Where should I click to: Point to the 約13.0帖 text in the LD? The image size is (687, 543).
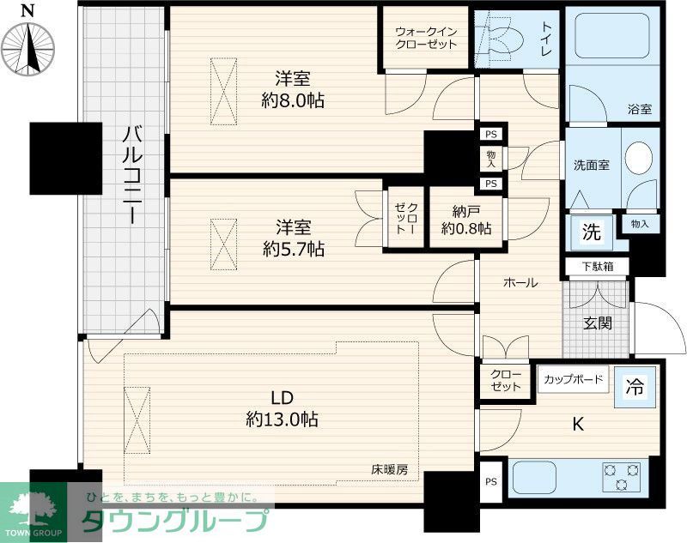point(283,419)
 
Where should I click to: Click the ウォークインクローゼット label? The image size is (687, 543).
point(426,38)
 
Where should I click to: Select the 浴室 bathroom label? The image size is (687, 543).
point(638,109)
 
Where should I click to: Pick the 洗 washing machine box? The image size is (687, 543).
point(592,231)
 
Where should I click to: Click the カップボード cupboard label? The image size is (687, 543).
point(573,378)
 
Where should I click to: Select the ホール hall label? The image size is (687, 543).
point(520,282)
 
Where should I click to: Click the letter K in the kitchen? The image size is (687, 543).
point(578,423)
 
